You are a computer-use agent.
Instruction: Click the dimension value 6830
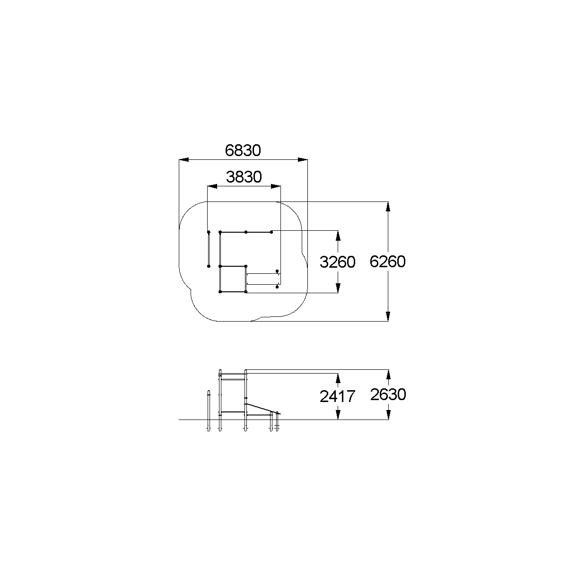tap(243, 150)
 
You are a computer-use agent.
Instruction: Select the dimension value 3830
tap(244, 177)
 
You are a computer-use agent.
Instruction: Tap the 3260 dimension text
tap(338, 262)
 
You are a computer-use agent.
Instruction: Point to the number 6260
tap(388, 262)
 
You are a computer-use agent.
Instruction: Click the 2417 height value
tap(338, 396)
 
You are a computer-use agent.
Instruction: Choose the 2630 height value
tap(388, 395)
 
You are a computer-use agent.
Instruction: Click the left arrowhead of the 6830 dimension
tap(184, 160)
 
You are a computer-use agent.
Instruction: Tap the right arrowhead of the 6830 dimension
tap(303, 160)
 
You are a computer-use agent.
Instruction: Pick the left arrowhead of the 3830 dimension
tap(212, 186)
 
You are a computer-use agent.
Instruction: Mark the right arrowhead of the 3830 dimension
tap(276, 186)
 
